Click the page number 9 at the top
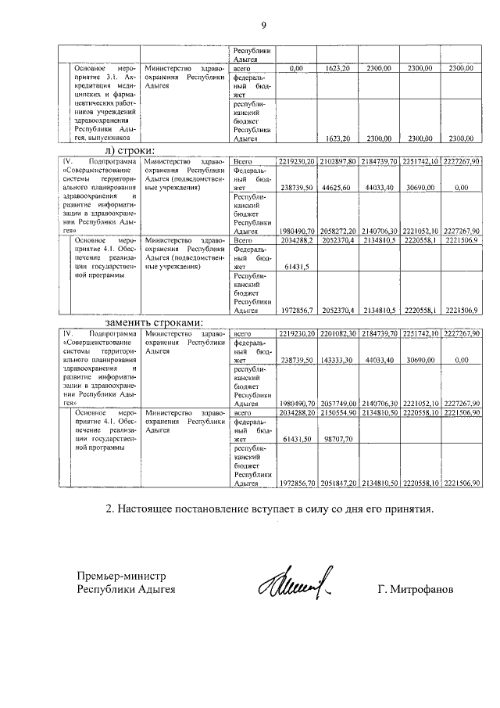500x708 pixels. [263, 24]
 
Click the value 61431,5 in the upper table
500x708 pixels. [298, 267]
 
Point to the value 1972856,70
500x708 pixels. [296, 483]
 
